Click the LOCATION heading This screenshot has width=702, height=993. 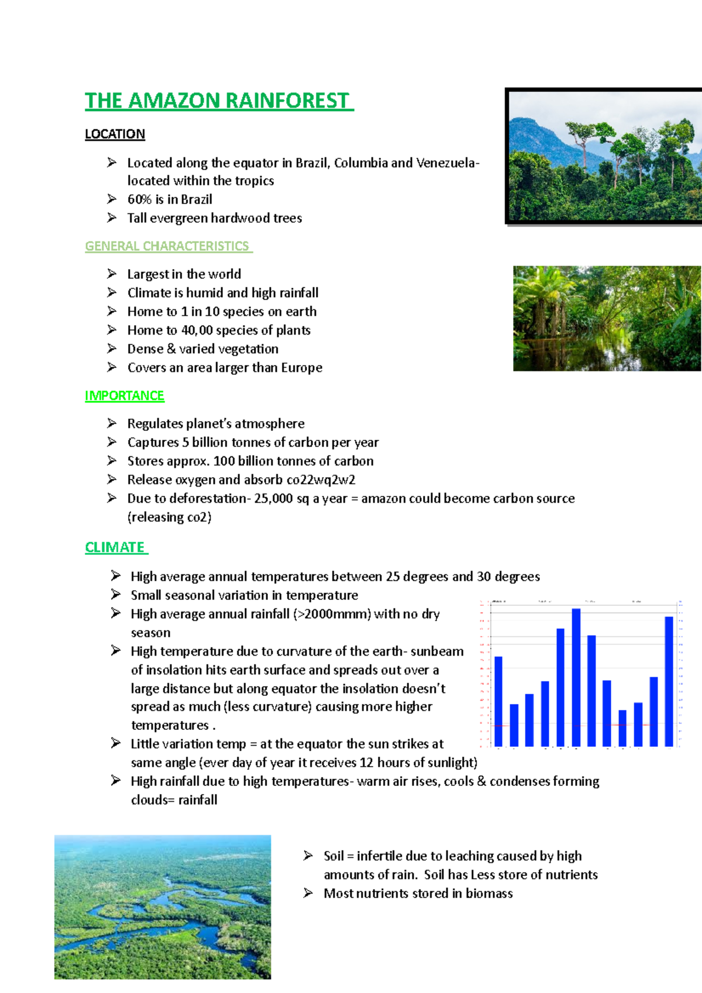(115, 134)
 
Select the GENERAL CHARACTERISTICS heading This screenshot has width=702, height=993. (167, 246)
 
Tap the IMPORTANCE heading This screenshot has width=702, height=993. (125, 396)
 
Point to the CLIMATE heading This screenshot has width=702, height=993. (115, 547)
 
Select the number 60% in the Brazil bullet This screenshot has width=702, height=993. (140, 199)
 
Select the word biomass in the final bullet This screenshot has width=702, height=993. (489, 894)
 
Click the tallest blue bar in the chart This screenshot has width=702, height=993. (576, 677)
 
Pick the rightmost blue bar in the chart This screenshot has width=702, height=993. (669, 681)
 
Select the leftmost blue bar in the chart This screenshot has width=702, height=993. (498, 701)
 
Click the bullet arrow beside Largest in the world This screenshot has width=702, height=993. (112, 274)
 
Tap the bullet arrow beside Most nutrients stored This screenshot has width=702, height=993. (308, 893)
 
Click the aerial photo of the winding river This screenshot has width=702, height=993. (163, 907)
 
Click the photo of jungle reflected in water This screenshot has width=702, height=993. (607, 319)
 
